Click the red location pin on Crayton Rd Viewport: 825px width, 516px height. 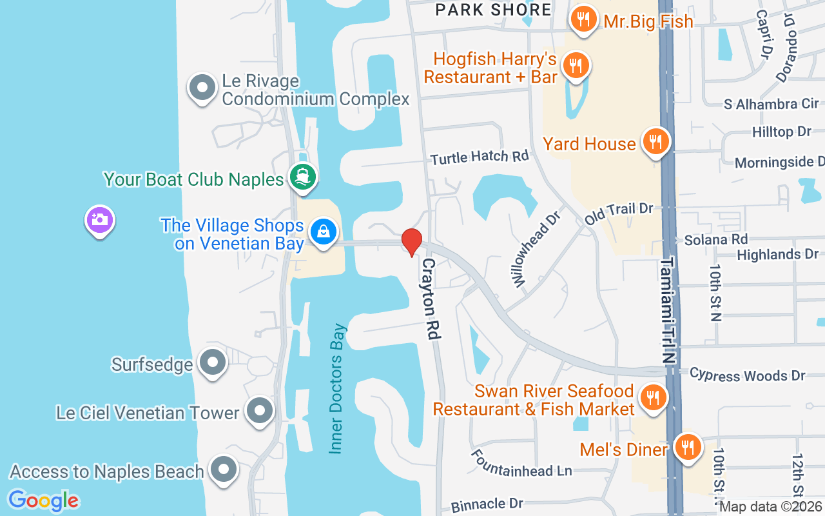[411, 242]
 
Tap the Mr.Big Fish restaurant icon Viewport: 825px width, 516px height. [583, 20]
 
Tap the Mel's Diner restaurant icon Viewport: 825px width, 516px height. [688, 446]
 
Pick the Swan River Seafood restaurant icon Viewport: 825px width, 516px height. [654, 397]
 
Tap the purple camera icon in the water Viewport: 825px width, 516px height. [100, 220]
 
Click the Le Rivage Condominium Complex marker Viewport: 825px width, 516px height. [202, 88]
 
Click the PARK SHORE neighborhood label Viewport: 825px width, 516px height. [493, 10]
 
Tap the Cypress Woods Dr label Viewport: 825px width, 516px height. [747, 375]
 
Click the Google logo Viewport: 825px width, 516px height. [43, 500]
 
